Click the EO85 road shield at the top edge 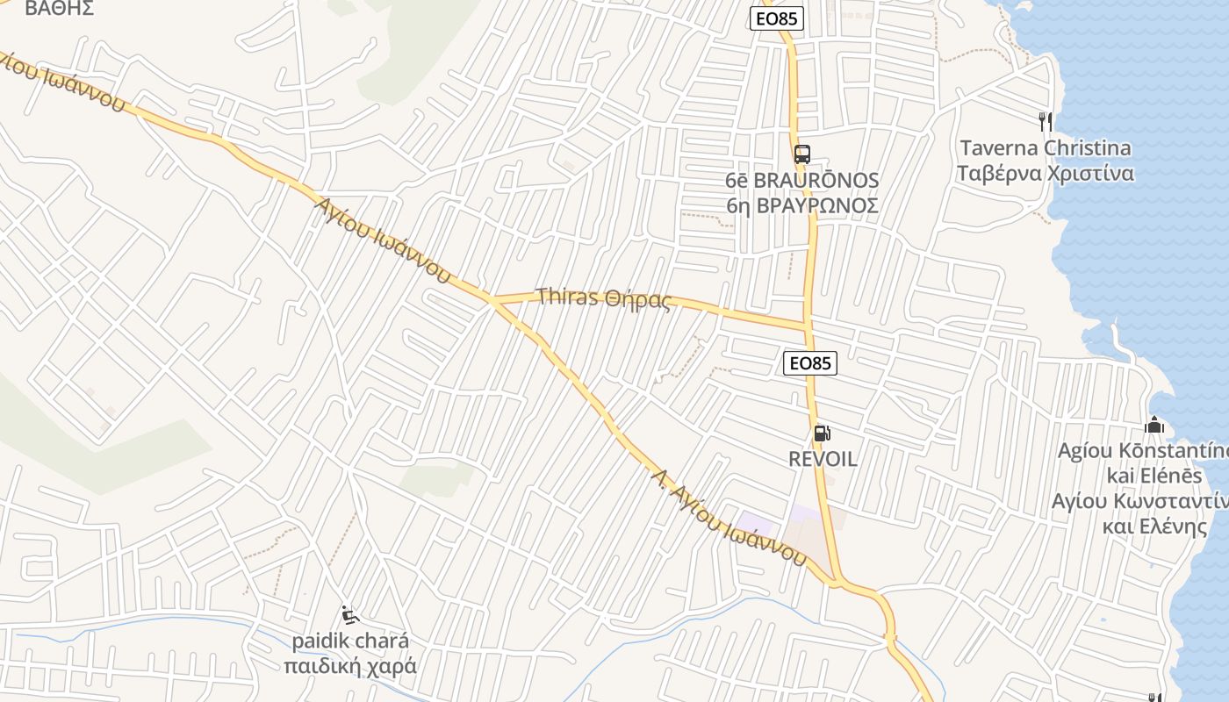pos(778,18)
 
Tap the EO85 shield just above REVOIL pos(809,362)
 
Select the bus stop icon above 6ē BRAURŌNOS pos(801,154)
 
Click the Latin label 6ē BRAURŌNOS pos(801,181)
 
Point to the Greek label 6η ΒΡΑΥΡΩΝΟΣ pos(801,205)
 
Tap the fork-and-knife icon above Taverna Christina pos(1045,121)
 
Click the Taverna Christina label pos(1045,147)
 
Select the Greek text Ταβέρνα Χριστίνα pos(1045,173)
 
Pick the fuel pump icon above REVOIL pos(822,433)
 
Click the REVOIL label pos(823,459)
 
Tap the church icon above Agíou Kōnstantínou pos(1154,426)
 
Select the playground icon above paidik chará pos(349,614)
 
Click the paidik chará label pos(350,641)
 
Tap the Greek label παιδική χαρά pos(350,666)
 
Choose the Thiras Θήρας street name pos(604,298)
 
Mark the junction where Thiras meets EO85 pos(807,326)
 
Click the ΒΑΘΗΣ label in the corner pos(60,9)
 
